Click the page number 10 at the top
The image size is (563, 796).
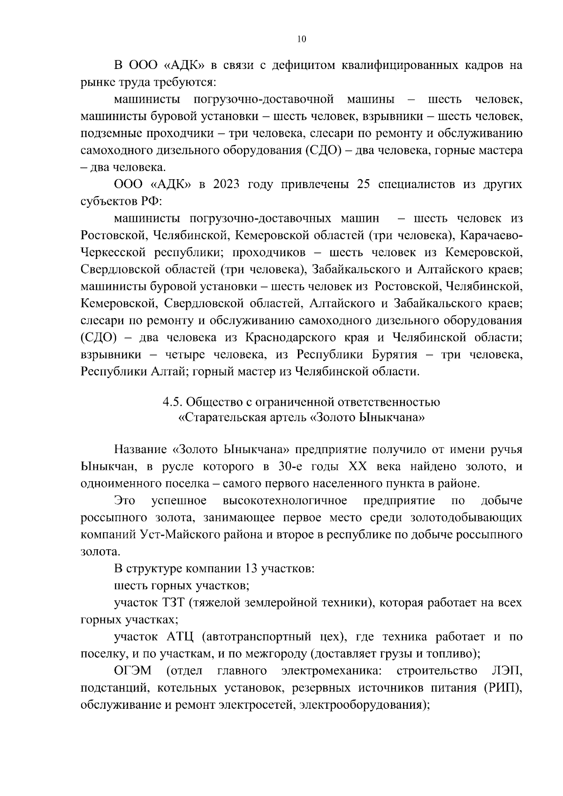click(302, 40)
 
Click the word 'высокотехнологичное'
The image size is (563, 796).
click(285, 500)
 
